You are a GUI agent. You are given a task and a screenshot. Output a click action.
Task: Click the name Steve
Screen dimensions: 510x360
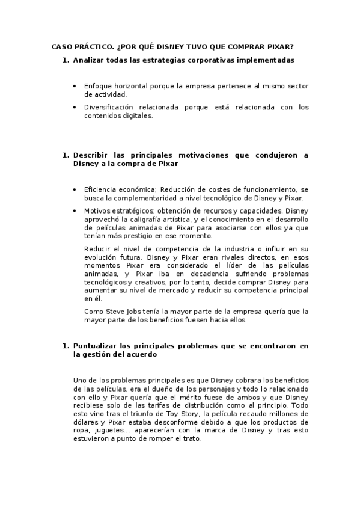(109, 311)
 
